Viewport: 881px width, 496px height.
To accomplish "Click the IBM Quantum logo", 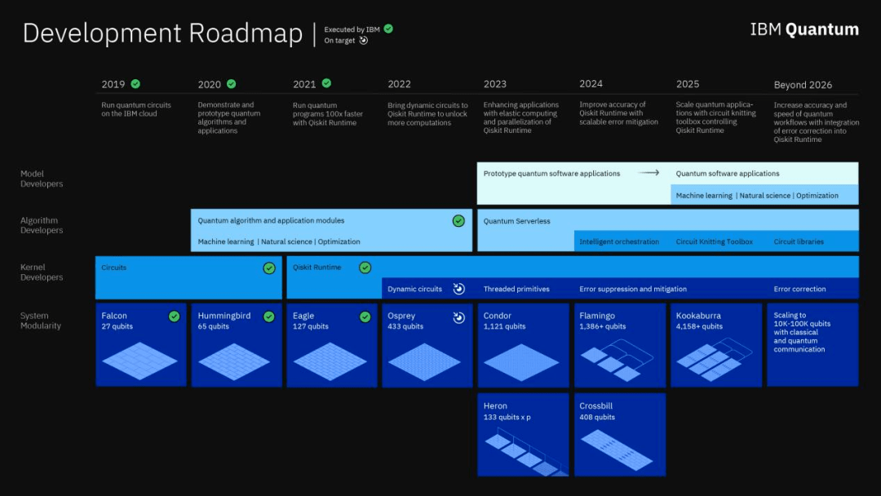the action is (804, 29).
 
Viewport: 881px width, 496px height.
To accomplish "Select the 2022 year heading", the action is (399, 84).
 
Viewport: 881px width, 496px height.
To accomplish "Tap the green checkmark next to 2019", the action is (135, 84).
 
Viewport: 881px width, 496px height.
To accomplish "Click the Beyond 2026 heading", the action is (803, 85).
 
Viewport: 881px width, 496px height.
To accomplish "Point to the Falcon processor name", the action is (114, 316).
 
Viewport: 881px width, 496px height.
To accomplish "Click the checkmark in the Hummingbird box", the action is (269, 317).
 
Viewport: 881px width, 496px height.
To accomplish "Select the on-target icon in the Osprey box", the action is (459, 317).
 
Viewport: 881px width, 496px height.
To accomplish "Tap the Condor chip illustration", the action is (520, 362).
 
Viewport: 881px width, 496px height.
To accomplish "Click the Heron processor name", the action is (495, 405).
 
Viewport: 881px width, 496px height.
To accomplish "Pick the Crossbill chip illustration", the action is (617, 450).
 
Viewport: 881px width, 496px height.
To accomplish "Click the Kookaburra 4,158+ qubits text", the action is (699, 326).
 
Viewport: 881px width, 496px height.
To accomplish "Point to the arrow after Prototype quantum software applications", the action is (649, 173).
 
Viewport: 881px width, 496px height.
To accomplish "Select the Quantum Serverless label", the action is (517, 221).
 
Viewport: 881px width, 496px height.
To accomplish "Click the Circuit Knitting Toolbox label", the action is (714, 241).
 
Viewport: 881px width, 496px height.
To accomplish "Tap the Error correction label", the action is (799, 289).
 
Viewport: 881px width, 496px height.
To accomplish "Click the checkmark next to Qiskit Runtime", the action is (365, 268).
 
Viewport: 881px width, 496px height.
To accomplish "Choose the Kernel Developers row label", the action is (42, 272).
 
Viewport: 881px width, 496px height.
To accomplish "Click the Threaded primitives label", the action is (516, 289).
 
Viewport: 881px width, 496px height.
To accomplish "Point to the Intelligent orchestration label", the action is (619, 241).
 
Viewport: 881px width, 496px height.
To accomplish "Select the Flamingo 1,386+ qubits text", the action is (602, 326).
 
